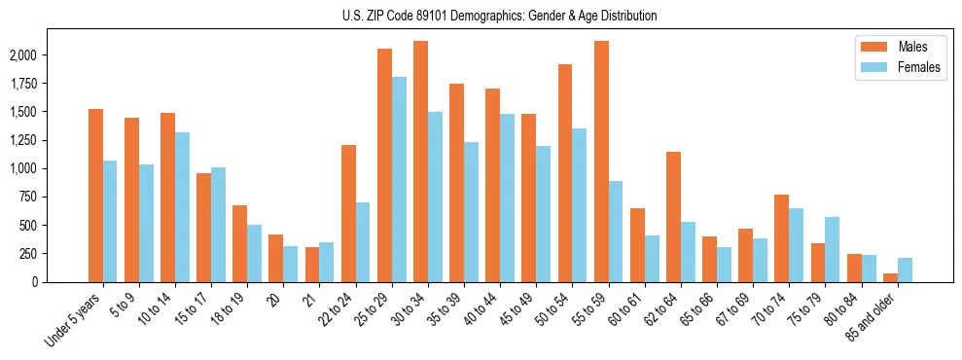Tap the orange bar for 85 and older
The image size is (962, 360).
[x=890, y=277]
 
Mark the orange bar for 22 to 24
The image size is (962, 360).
[x=348, y=213]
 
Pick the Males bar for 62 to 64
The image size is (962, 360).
[x=673, y=216]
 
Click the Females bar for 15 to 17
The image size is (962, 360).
[x=219, y=224]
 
